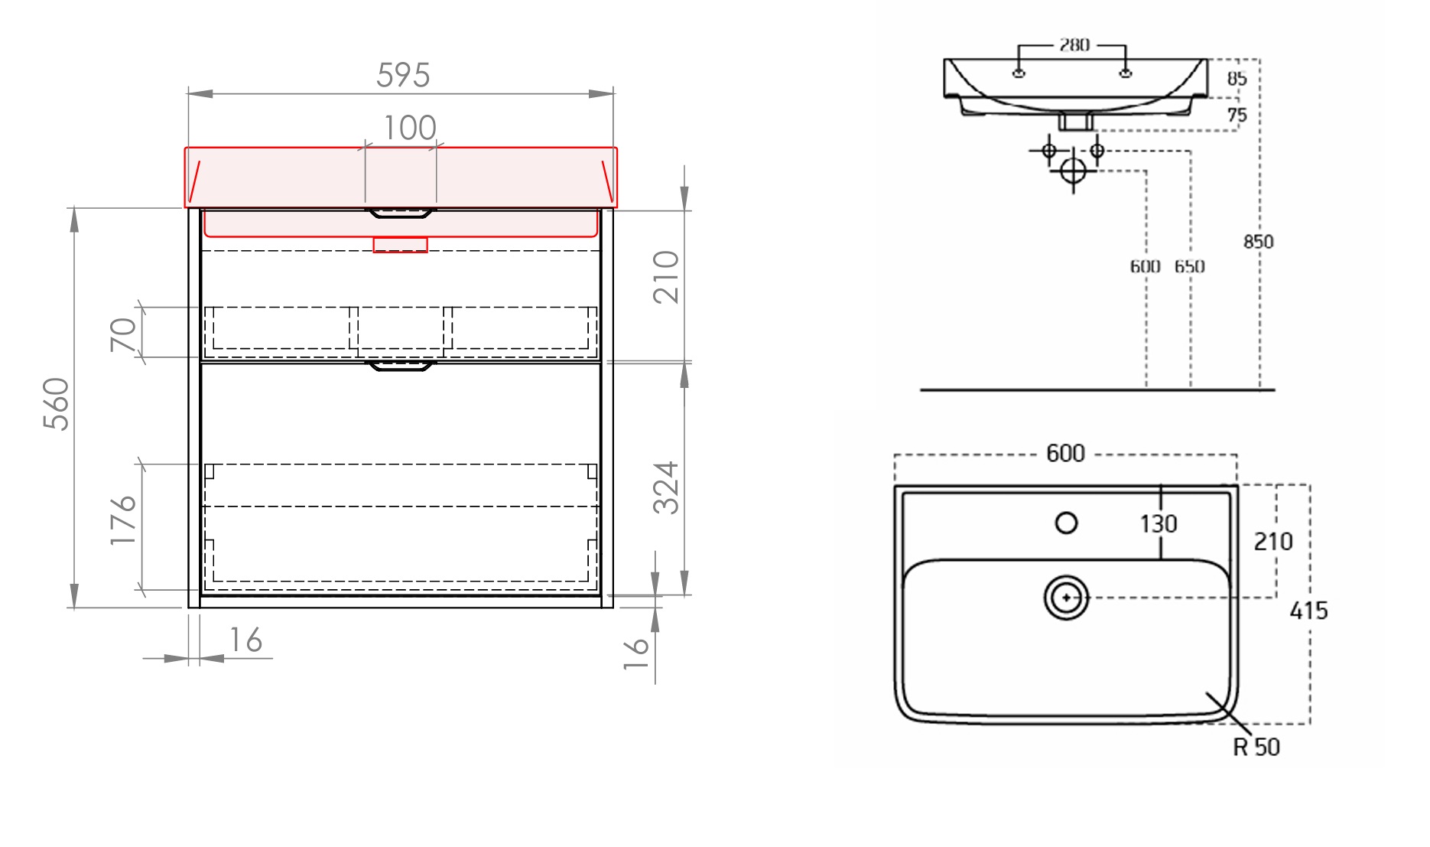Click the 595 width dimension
tap(403, 76)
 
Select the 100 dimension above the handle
tap(409, 128)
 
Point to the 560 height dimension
tap(57, 403)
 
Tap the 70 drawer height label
tap(123, 334)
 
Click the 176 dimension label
tap(123, 520)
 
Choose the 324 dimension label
tap(666, 487)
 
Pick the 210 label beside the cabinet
tap(666, 276)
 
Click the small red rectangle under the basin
tap(400, 245)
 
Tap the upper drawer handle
tap(401, 213)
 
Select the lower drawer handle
tap(401, 366)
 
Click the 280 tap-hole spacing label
tap(1074, 45)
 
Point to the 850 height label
tap(1258, 242)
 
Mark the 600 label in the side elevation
tap(1145, 266)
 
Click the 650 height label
tap(1189, 266)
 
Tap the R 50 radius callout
tap(1256, 747)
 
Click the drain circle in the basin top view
tap(1066, 598)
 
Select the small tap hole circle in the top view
tap(1066, 523)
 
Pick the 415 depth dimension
tap(1308, 611)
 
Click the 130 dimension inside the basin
tap(1158, 524)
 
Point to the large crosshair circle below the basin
tap(1073, 171)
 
